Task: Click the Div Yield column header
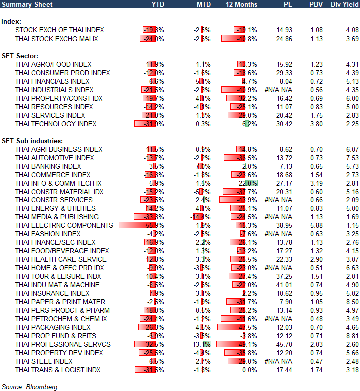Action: pos(343,4)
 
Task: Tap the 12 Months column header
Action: pos(242,4)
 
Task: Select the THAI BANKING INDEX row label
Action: pos(48,166)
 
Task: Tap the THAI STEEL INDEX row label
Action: pos(44,361)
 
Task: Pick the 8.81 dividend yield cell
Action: pos(352,336)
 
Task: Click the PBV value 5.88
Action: pos(316,225)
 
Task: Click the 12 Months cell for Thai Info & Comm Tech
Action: pos(246,183)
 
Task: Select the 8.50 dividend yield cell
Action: pos(352,302)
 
